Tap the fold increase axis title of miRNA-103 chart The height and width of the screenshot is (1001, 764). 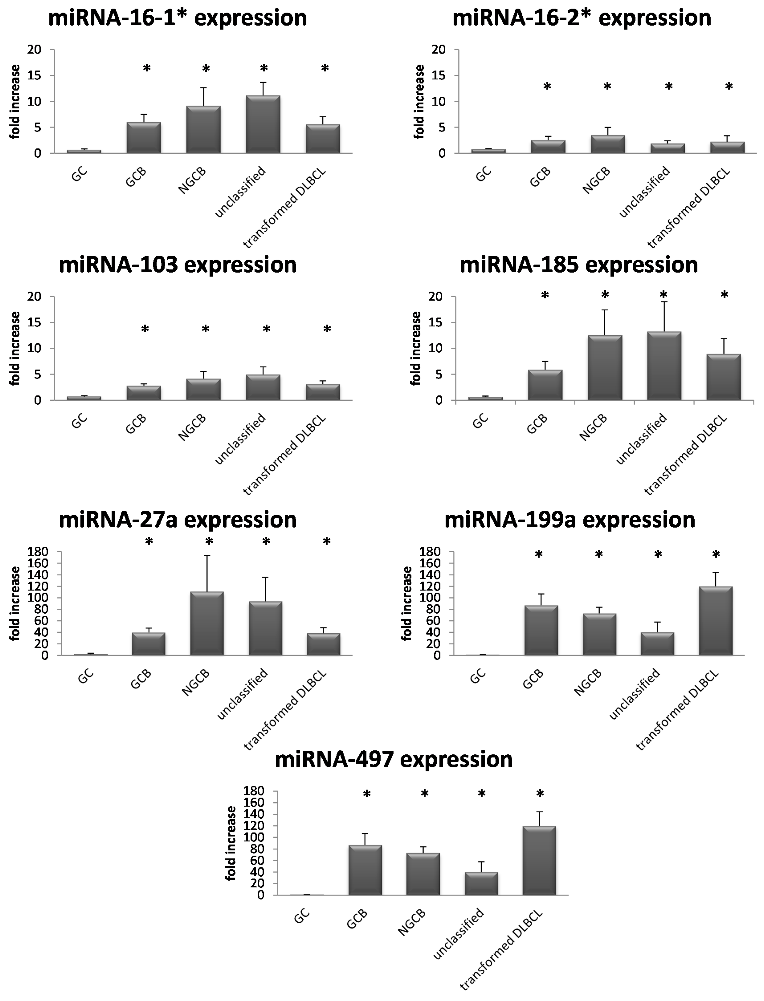[x=15, y=348]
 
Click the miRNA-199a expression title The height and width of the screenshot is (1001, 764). [x=570, y=520]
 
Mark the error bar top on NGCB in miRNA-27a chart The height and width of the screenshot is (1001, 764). [x=207, y=555]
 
